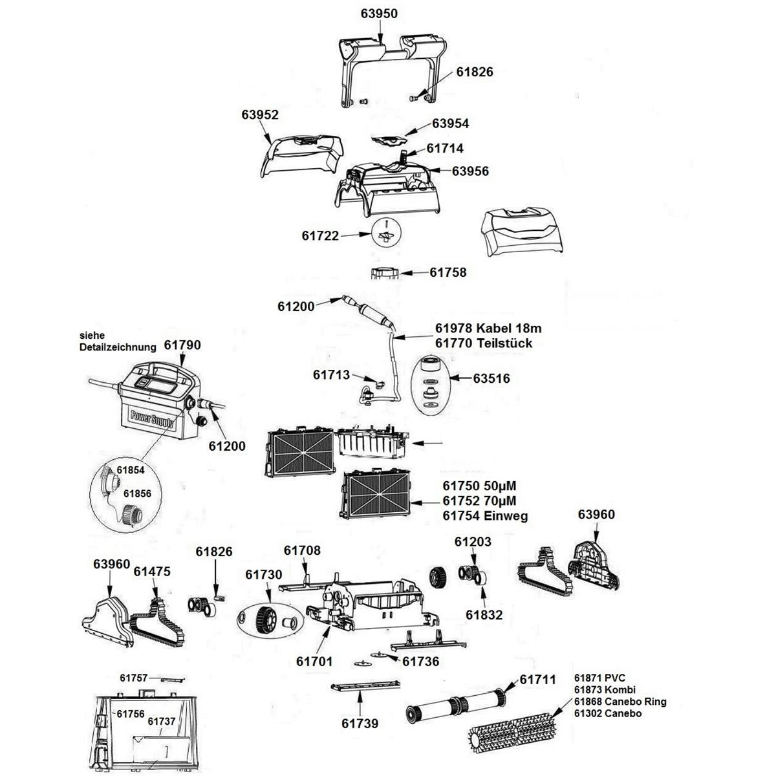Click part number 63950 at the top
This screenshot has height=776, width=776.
point(378,14)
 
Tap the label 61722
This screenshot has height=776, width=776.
point(320,236)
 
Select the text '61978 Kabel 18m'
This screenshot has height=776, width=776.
point(484,329)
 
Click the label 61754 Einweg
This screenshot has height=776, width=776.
point(485,516)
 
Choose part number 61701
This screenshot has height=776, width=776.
point(314,661)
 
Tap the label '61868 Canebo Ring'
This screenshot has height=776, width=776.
point(620,702)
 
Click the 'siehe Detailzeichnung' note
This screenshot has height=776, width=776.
point(118,341)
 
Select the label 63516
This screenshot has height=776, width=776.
point(491,378)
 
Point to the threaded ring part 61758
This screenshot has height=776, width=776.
point(385,272)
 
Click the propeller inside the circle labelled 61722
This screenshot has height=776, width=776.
point(386,233)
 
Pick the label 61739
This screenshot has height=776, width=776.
point(360,723)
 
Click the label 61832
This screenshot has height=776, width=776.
point(484,615)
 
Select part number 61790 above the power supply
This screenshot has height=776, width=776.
point(182,345)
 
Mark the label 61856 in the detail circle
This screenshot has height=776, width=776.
point(137,493)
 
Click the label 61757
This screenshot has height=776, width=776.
point(134,678)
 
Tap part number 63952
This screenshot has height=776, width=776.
point(260,114)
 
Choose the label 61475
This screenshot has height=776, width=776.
point(152,571)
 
